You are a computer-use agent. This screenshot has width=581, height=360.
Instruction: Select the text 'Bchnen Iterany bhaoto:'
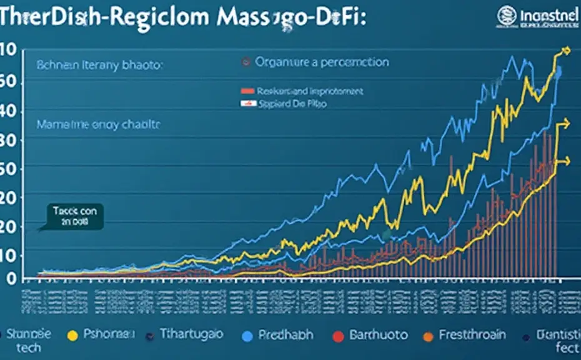[x=99, y=64]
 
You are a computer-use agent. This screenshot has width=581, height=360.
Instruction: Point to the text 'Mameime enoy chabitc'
[x=98, y=125]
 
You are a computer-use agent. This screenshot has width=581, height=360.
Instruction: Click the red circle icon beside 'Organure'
[x=246, y=62]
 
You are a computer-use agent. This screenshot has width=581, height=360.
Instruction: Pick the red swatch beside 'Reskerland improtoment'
[x=247, y=91]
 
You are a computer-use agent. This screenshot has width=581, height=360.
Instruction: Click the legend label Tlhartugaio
[x=191, y=334]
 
